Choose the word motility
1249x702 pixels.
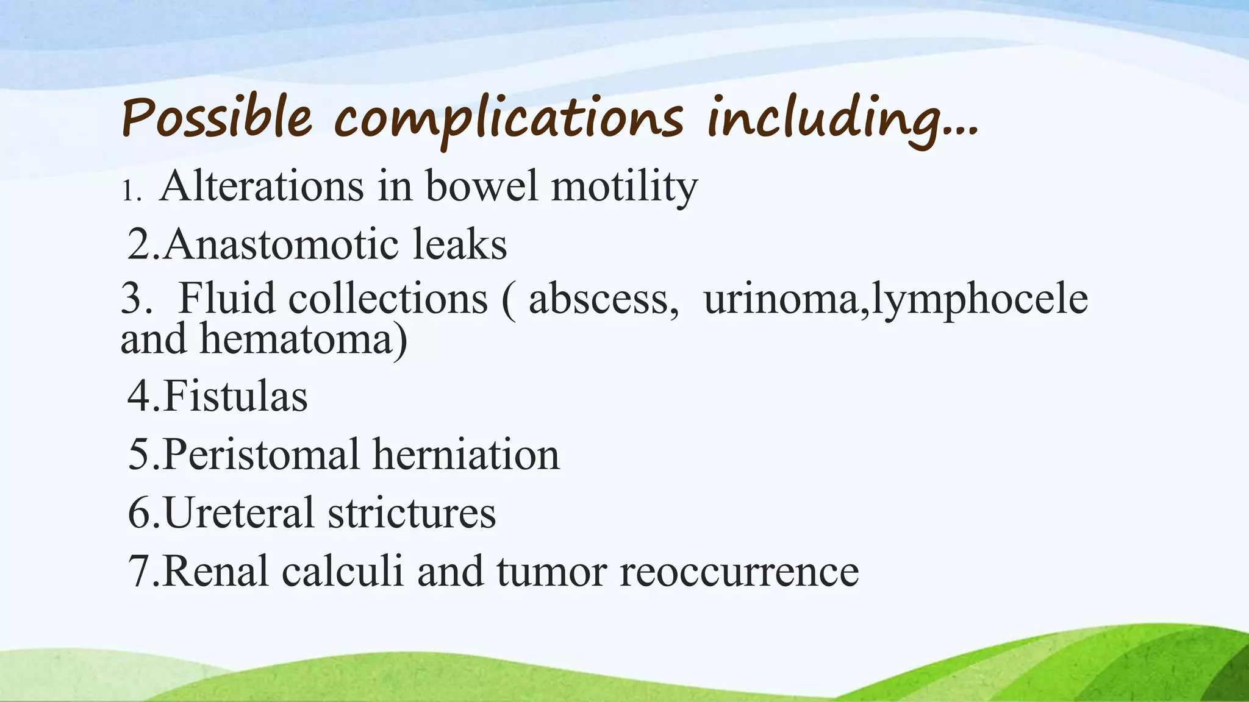point(624,186)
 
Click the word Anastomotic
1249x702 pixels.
point(281,244)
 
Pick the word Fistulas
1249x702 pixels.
point(235,396)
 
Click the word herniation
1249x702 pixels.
point(466,455)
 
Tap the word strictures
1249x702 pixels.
point(412,512)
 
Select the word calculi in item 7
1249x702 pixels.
point(342,571)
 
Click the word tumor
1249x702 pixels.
point(551,571)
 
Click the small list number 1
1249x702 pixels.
point(129,191)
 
